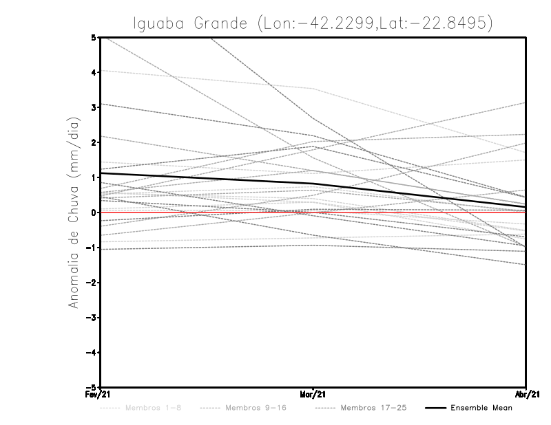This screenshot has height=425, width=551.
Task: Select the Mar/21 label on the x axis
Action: tap(313, 395)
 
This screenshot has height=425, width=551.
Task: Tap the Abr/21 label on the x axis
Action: tap(526, 395)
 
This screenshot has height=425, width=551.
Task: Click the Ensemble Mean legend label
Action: tap(481, 408)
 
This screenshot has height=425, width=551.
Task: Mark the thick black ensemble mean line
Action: tap(207, 178)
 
